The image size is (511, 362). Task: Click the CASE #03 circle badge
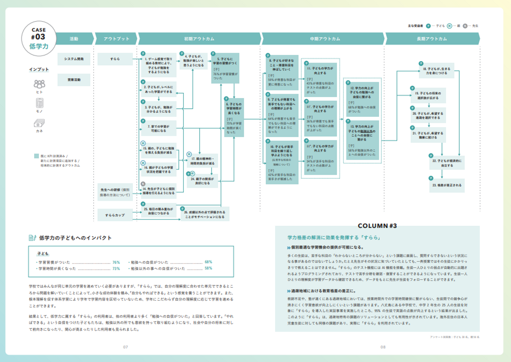coord(39,38)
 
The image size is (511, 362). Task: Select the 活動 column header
coord(74,39)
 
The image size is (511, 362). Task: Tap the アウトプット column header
coord(116,39)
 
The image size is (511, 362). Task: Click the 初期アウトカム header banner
coord(199,39)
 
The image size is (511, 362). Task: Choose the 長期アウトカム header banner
coord(432,39)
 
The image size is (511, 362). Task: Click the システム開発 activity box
coord(74,59)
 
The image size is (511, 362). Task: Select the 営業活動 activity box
coord(74,80)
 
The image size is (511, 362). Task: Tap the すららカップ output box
coord(115,215)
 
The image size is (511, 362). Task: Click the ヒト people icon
coord(39,84)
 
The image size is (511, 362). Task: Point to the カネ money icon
coord(39,123)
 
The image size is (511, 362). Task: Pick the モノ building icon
coord(39,103)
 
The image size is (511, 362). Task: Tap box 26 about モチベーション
coord(205,214)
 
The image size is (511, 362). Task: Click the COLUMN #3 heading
coord(377,226)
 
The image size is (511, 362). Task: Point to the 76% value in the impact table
coord(116,262)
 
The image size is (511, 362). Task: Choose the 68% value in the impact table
coord(208,262)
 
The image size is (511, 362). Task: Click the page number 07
coord(125,347)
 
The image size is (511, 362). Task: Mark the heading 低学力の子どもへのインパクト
coord(75,238)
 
